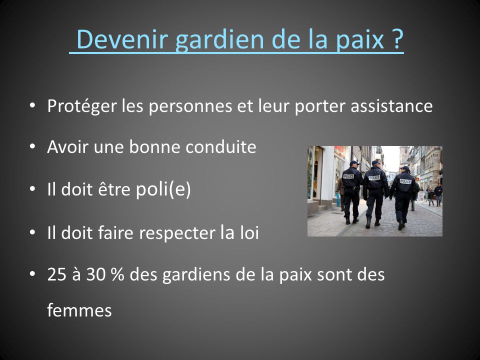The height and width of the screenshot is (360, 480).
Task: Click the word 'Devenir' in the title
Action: pyautogui.click(x=122, y=39)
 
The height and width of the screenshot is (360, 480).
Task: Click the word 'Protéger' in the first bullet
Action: pyautogui.click(x=82, y=106)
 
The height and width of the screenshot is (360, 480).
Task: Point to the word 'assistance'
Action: pyautogui.click(x=391, y=106)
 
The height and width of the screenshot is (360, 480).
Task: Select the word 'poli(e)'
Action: pyautogui.click(x=163, y=189)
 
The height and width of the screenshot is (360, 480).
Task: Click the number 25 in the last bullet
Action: pyautogui.click(x=57, y=274)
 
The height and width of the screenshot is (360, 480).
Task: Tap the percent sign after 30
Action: pyautogui.click(x=117, y=274)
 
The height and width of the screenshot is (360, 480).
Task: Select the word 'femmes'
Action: pyautogui.click(x=79, y=310)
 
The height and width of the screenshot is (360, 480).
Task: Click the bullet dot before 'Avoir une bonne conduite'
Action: pyautogui.click(x=32, y=146)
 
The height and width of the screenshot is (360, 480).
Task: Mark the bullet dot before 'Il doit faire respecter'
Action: pyautogui.click(x=32, y=232)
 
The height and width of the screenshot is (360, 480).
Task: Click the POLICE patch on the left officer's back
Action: pyautogui.click(x=348, y=176)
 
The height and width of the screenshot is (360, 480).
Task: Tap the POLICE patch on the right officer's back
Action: pyautogui.click(x=405, y=181)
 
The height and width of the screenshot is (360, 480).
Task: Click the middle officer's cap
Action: pyautogui.click(x=375, y=162)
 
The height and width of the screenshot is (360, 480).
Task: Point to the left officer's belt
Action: pyautogui.click(x=351, y=187)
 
